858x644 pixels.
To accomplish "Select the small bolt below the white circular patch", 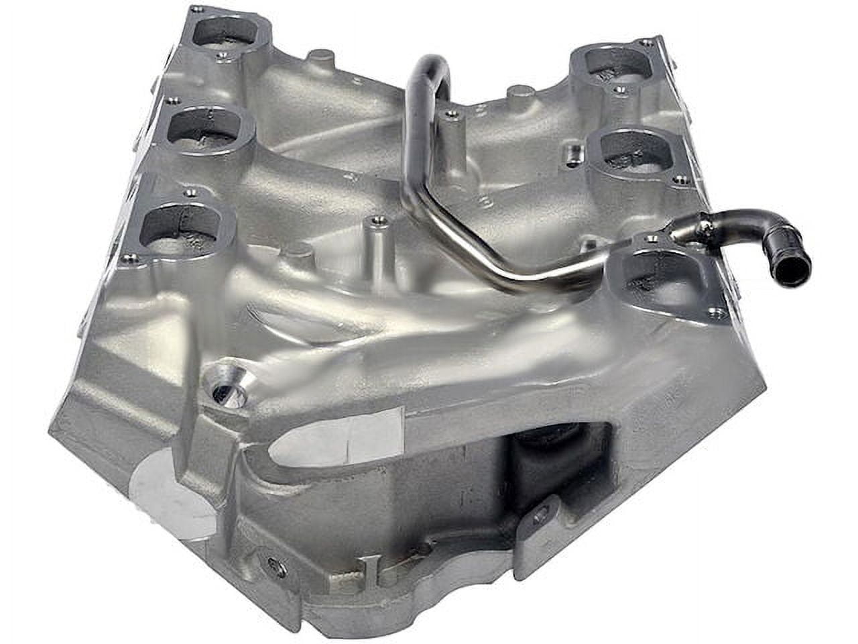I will [x=271, y=564].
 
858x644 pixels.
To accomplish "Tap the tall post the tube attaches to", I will [x=451, y=134].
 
